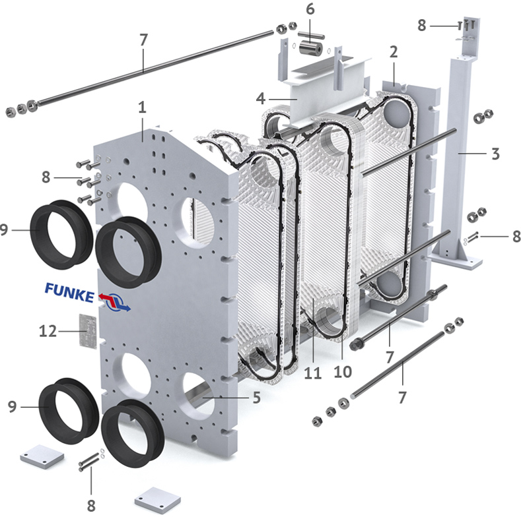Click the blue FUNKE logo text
click(x=69, y=292)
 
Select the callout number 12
click(x=48, y=331)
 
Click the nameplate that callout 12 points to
click(x=88, y=331)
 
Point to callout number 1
click(x=142, y=107)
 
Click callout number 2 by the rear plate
click(x=394, y=52)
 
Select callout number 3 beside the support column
click(x=495, y=154)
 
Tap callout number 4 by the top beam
click(x=261, y=98)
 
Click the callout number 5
click(x=256, y=398)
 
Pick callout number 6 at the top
click(x=310, y=9)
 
